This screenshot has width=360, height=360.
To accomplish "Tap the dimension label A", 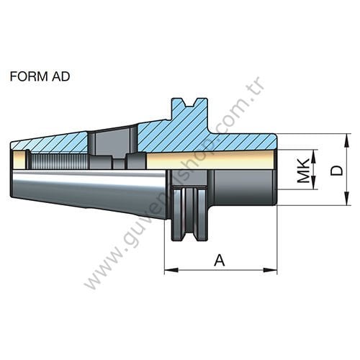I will (220, 260).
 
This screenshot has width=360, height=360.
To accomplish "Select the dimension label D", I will (336, 170).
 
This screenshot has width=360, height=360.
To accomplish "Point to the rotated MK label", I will (305, 171).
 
